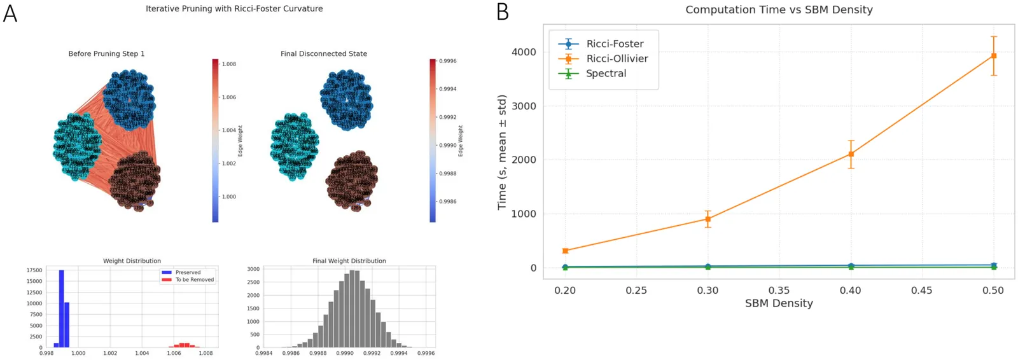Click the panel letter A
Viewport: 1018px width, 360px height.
10,13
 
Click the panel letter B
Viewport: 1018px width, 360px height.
503,12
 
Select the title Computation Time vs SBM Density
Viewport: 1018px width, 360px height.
778,10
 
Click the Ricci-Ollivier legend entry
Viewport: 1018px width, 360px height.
617,59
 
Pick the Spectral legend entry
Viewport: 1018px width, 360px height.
606,74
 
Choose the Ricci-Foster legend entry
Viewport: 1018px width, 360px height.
615,44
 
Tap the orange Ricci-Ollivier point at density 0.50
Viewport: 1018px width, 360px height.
993,56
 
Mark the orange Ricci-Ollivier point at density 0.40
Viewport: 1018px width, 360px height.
851,154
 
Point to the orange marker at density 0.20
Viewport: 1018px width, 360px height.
565,251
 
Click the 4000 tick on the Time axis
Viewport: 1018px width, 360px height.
524,52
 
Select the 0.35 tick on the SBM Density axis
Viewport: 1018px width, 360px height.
779,291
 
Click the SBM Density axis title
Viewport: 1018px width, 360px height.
779,303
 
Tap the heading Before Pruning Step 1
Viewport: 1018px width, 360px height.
106,54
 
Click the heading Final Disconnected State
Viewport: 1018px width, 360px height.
323,54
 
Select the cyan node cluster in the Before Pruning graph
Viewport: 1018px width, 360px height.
76,146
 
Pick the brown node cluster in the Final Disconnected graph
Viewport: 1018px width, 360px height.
351,180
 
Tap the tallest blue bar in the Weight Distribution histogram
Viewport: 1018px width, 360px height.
61,308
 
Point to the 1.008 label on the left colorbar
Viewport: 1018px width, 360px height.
228,64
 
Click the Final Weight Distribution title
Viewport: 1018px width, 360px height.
349,261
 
